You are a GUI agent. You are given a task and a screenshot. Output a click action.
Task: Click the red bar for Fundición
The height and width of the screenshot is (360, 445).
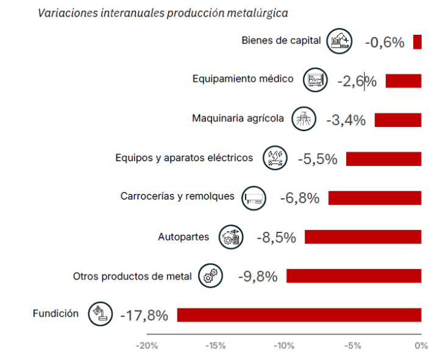click(x=299, y=315)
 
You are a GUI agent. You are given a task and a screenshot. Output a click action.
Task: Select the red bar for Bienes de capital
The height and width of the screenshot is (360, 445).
click(x=418, y=42)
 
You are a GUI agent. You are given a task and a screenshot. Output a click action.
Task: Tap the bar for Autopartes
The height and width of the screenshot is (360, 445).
click(x=363, y=237)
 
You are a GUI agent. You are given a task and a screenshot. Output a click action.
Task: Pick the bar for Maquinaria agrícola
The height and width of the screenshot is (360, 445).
click(x=397, y=120)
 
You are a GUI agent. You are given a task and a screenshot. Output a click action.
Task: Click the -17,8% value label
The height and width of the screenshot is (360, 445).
click(x=144, y=315)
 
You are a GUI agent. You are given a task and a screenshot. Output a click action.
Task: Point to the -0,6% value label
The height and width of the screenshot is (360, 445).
click(x=385, y=42)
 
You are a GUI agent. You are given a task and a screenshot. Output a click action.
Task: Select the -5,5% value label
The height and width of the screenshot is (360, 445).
click(x=318, y=159)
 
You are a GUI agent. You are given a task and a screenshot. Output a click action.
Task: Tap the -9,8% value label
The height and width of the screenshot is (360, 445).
click(x=258, y=276)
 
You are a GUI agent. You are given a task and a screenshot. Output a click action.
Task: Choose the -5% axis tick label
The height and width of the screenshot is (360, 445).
click(x=352, y=345)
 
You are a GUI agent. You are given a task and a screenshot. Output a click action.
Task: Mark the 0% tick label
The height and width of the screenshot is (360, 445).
click(x=421, y=345)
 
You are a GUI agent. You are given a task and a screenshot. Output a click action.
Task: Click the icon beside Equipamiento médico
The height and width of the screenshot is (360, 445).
click(x=315, y=80)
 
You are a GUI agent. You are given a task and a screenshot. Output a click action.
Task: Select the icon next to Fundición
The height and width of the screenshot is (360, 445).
click(x=100, y=314)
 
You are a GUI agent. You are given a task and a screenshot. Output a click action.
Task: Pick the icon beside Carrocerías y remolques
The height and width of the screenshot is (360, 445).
click(x=254, y=198)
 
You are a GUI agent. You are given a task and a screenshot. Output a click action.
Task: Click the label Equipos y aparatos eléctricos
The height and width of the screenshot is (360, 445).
click(x=184, y=158)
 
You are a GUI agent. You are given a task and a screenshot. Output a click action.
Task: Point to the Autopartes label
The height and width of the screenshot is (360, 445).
click(x=183, y=237)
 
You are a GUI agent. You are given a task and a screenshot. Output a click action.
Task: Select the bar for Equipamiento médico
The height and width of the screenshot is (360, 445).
click(x=403, y=81)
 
